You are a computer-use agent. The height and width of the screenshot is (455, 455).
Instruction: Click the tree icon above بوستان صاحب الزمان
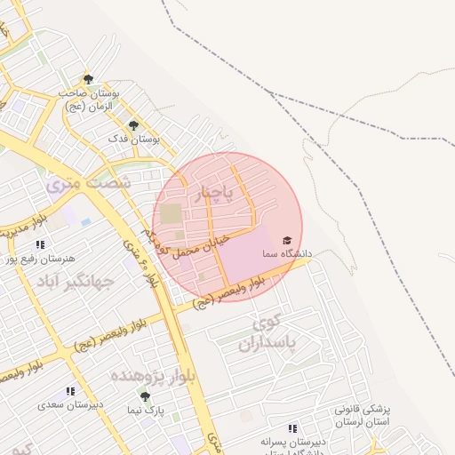click(87, 79)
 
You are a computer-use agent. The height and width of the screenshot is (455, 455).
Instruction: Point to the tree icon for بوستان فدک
click(133, 125)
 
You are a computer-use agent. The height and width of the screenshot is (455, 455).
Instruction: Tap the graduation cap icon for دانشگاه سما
click(286, 241)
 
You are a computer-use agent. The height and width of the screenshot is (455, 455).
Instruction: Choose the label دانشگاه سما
click(286, 254)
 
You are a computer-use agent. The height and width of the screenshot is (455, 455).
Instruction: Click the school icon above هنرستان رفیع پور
click(40, 244)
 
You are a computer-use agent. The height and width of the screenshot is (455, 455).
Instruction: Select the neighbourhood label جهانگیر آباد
click(76, 283)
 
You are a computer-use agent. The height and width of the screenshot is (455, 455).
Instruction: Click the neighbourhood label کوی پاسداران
click(270, 331)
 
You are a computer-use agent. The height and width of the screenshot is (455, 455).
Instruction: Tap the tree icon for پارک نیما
click(145, 396)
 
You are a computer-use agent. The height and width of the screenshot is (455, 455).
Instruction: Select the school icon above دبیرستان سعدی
click(70, 391)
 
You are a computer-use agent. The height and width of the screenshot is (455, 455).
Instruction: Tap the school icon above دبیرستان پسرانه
click(292, 428)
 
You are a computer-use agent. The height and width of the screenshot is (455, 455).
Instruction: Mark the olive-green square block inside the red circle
click(170, 214)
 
